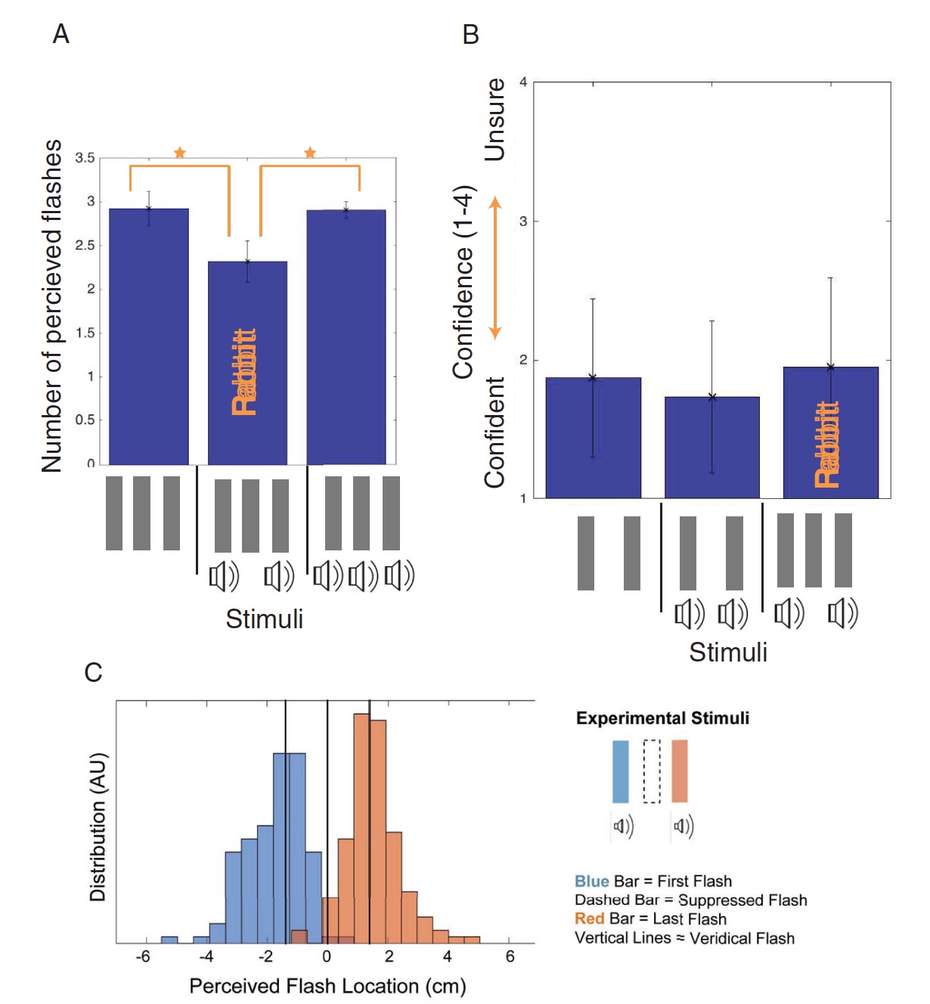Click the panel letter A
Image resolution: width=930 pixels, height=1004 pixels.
(x=61, y=34)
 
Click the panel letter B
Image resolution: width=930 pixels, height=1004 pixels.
(x=470, y=35)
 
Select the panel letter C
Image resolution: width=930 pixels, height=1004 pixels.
(x=93, y=672)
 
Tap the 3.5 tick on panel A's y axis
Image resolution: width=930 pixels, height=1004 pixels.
(x=85, y=158)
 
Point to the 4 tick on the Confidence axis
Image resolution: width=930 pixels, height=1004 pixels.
(x=523, y=82)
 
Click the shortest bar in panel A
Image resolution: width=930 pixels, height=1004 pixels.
(x=247, y=363)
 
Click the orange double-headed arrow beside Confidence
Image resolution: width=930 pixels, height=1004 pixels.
(x=495, y=268)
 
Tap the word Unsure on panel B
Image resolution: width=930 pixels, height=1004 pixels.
(x=494, y=119)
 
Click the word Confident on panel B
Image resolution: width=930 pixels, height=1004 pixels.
(x=494, y=432)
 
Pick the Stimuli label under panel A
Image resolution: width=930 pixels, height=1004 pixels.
(x=265, y=619)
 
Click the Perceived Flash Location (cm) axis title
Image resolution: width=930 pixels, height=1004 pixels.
(x=327, y=986)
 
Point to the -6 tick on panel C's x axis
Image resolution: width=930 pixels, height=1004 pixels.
(x=143, y=957)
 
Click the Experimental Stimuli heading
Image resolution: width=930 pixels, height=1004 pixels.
(x=662, y=718)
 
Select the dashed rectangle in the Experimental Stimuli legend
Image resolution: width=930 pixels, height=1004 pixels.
(x=651, y=771)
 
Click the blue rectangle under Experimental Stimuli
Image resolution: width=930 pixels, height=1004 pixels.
(x=620, y=771)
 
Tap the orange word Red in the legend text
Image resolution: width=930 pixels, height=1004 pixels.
(x=589, y=919)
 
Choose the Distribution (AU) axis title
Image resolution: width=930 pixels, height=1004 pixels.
(x=98, y=827)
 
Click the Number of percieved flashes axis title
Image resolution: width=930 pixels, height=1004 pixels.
(x=51, y=306)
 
